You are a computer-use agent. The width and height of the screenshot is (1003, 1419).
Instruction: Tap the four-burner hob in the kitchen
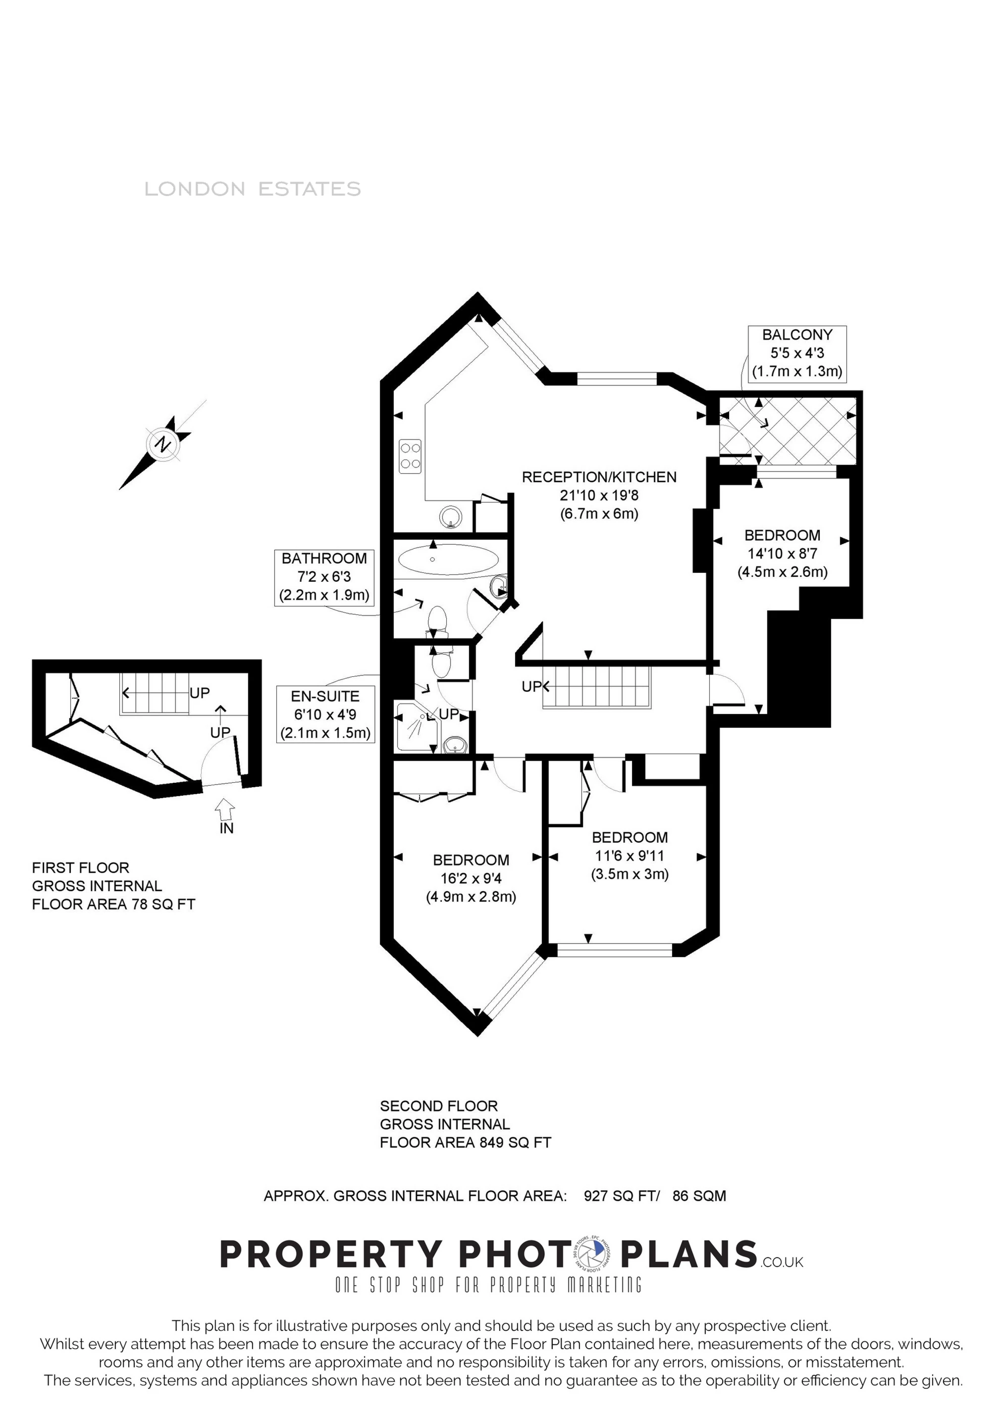[410, 456]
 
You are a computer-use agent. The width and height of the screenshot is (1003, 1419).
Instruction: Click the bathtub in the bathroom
[448, 560]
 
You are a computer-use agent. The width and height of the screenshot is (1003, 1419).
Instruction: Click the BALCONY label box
[796, 353]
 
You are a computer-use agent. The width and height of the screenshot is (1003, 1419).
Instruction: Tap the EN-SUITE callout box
[325, 714]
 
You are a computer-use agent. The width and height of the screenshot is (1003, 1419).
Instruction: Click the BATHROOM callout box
[324, 577]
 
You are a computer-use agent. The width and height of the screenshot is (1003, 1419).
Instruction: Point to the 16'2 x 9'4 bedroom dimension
[471, 878]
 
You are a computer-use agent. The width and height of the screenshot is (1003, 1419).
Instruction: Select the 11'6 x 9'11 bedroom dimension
[630, 856]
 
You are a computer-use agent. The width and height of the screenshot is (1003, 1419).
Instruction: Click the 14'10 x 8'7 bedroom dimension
[782, 554]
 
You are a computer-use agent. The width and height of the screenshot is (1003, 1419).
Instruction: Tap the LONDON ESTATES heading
[252, 189]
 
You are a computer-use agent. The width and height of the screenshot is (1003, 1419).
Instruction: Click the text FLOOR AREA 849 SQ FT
[465, 1143]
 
